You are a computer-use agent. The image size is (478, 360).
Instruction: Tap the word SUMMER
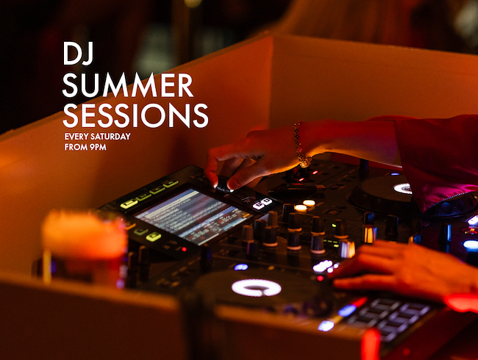128,85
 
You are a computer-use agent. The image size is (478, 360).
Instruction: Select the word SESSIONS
135,115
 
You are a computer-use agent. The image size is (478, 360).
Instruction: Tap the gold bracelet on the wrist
300,145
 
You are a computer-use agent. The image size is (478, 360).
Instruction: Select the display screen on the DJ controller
191,215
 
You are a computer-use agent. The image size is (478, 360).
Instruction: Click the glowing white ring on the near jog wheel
256,287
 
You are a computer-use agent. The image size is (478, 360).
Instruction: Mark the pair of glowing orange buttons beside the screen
304,206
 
